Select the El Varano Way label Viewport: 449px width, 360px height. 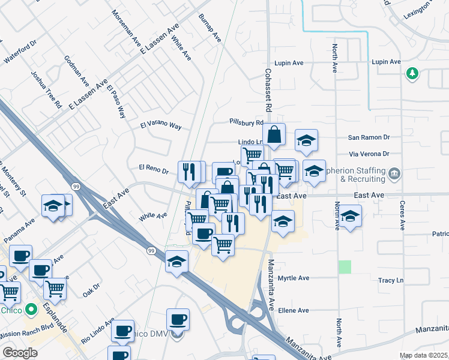(x=160, y=125)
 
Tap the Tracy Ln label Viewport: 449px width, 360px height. (x=391, y=280)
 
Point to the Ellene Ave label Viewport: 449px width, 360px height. (x=294, y=310)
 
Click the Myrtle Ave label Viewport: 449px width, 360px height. (x=294, y=278)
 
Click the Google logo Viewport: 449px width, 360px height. (x=20, y=353)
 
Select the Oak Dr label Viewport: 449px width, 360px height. (x=91, y=290)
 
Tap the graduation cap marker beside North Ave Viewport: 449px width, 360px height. (x=351, y=216)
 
